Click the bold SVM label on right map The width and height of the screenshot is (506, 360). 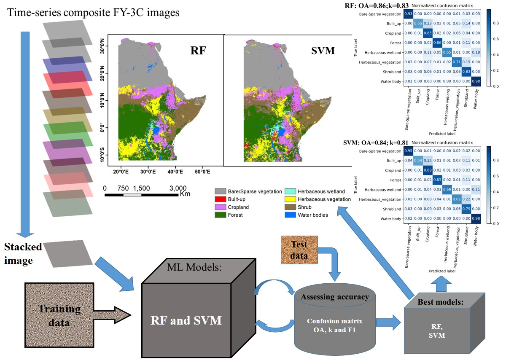click(323, 51)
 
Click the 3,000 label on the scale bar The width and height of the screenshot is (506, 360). click(178, 188)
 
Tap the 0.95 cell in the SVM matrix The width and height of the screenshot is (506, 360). click(409, 151)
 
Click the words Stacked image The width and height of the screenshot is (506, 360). click(23, 254)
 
